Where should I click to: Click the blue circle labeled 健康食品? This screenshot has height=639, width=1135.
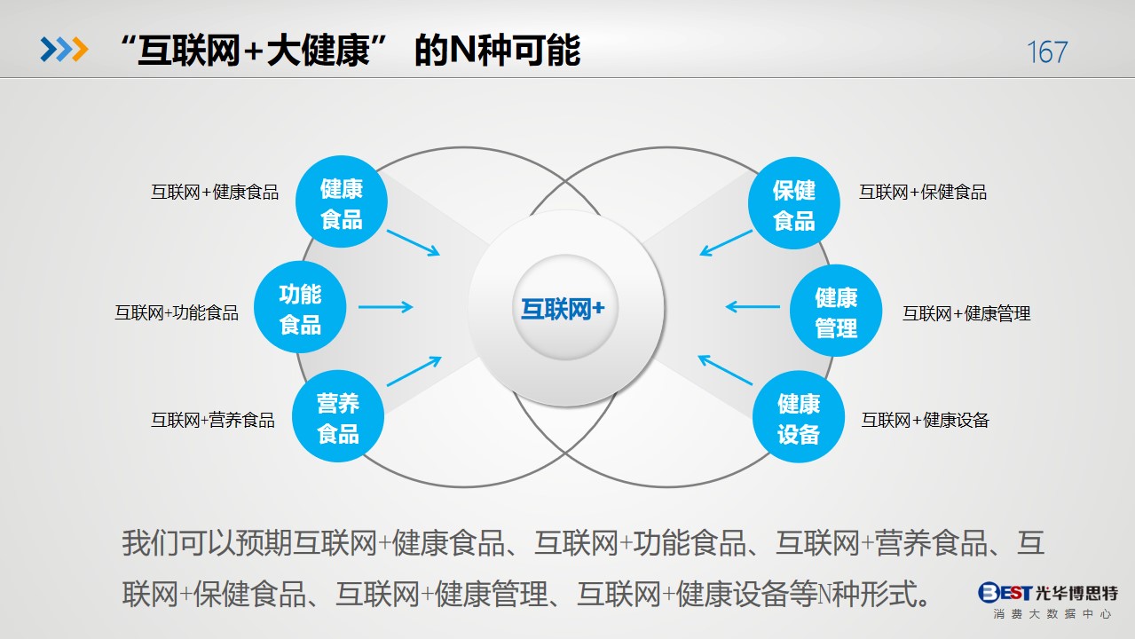342,201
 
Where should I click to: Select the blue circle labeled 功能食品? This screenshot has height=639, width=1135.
300,307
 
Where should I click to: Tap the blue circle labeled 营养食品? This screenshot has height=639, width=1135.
338,416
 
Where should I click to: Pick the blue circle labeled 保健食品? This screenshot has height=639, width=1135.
794,203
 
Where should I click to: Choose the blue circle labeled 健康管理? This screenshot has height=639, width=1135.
836,310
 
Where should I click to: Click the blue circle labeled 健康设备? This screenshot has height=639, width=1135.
799,416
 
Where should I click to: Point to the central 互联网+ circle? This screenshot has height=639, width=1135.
565,308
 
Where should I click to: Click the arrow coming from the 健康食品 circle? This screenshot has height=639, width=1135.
413,243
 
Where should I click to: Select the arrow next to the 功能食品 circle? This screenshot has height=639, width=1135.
386,306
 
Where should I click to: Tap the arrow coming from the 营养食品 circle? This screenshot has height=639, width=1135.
414,371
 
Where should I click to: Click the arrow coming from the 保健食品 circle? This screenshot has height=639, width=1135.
726,243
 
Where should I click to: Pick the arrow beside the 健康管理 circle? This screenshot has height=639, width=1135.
753,306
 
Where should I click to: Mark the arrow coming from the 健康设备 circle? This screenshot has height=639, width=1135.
725,370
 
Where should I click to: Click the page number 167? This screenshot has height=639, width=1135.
1047,52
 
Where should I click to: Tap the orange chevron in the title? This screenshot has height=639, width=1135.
80,50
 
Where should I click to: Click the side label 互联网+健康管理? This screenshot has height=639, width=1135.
966,313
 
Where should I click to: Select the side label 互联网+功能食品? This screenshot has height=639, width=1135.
177,312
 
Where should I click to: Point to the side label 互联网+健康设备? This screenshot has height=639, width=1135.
926,420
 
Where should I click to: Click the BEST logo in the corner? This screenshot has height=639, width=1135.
1048,599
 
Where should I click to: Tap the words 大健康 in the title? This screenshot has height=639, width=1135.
319,51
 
